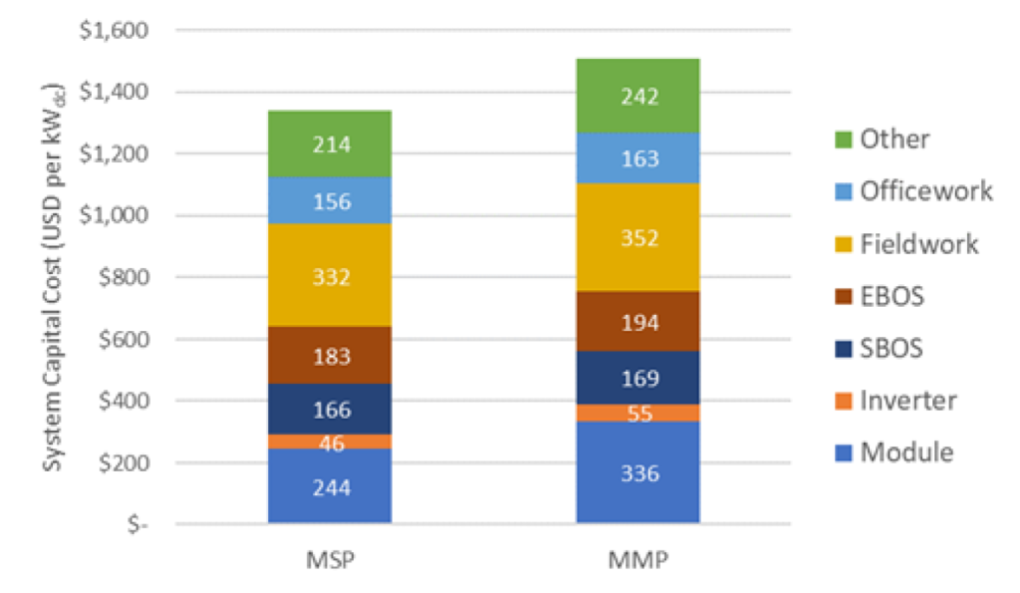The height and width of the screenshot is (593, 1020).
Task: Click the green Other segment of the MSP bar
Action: point(330,145)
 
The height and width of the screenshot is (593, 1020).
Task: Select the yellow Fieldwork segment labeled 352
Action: point(637,237)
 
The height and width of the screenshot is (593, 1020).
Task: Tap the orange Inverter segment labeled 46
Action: point(330,442)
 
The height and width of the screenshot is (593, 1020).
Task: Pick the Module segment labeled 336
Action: point(637,472)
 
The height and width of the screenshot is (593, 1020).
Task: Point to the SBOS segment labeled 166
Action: point(330,409)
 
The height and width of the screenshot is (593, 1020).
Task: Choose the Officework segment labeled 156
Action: point(330,201)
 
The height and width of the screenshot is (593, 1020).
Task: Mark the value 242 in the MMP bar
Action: point(637,97)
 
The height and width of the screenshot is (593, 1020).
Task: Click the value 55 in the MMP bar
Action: point(637,414)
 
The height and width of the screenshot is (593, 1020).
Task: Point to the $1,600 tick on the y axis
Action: point(112,31)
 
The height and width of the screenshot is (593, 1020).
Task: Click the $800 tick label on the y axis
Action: point(119,278)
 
